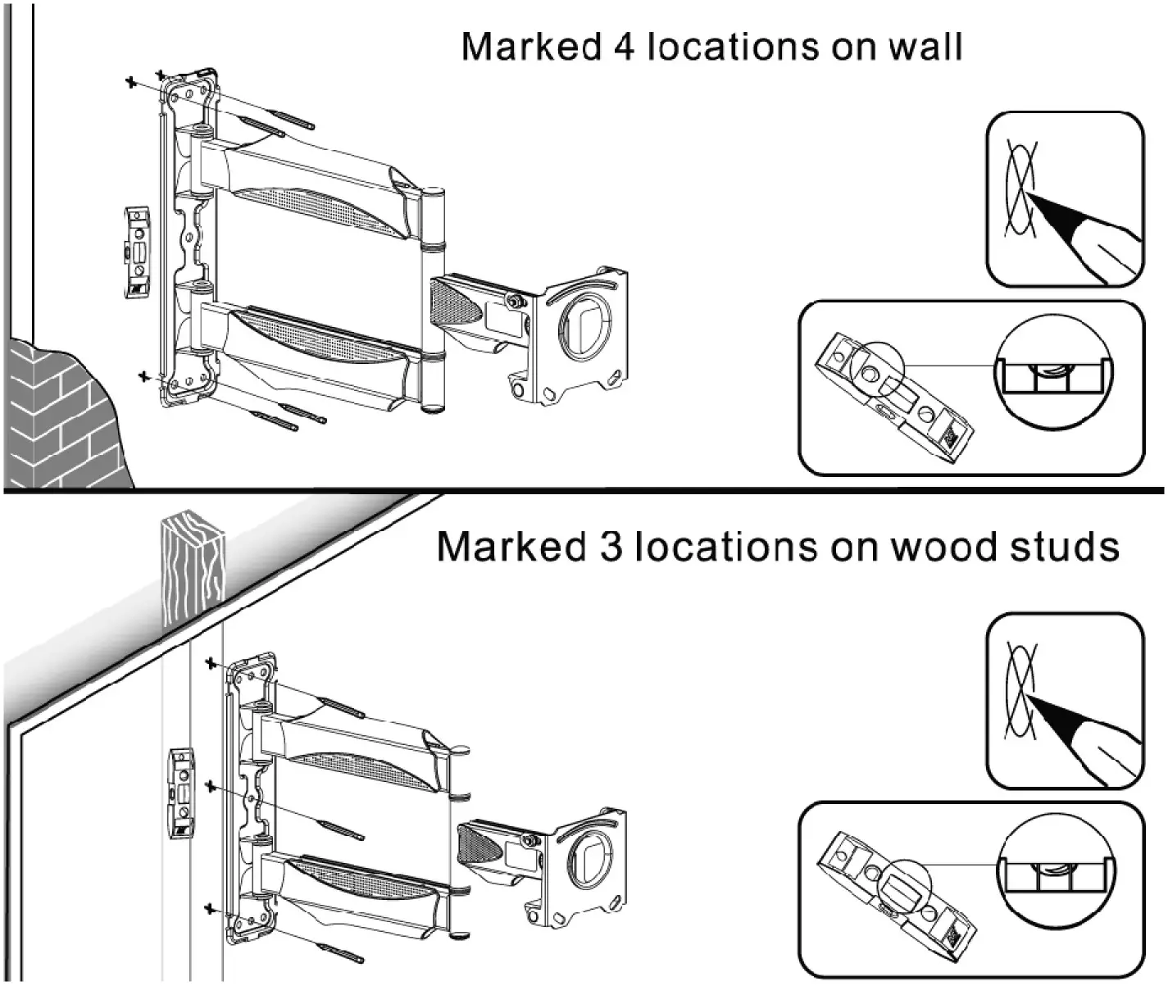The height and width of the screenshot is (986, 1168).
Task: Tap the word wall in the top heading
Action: [925, 47]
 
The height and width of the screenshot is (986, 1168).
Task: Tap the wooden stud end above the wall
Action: [192, 566]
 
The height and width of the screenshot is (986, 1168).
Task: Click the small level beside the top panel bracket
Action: [137, 253]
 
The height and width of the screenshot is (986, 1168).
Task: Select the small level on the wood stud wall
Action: [182, 793]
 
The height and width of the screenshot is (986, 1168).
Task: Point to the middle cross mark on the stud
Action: [210, 787]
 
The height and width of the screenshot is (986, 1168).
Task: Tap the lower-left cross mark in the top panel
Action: [145, 375]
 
